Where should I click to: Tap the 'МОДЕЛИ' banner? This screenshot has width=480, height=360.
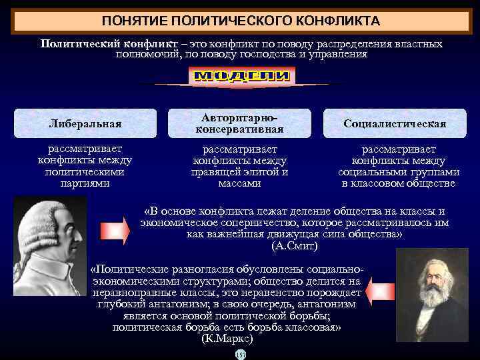coord(243,77)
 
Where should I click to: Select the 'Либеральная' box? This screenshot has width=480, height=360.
coord(85,123)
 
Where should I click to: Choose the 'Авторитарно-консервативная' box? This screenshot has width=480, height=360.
coord(240,123)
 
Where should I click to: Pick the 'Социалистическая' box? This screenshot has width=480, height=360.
coord(395,123)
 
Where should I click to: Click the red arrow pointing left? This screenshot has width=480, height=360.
coord(382,291)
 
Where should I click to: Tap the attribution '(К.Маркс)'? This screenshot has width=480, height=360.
coord(227,339)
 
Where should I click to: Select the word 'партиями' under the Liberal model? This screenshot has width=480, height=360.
coord(85,183)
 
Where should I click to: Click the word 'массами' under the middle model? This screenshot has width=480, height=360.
coord(239,183)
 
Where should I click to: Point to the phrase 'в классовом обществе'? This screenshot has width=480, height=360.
coord(399,183)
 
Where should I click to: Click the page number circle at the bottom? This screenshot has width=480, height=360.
coord(240,354)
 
